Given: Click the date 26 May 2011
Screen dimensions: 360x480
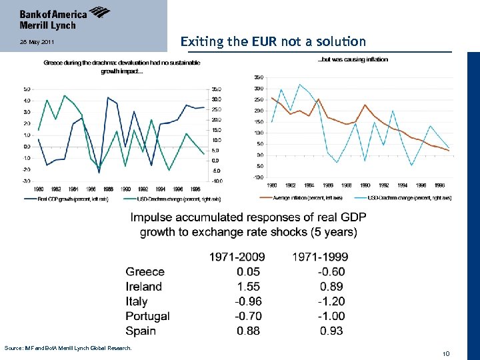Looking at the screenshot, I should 33,43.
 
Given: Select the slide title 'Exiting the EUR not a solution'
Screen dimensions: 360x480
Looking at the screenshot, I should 273,41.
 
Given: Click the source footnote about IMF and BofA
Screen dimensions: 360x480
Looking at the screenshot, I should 68,348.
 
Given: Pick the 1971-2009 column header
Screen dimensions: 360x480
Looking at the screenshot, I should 237,257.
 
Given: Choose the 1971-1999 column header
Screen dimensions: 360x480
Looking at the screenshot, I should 320,257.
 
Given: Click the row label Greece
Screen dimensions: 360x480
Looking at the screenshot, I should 145,271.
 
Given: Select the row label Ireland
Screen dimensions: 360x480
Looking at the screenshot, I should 144,287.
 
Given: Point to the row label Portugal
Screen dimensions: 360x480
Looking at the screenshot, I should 147,316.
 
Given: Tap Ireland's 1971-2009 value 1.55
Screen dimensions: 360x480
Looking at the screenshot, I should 248,287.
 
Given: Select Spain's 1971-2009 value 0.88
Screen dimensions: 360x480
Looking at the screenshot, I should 248,331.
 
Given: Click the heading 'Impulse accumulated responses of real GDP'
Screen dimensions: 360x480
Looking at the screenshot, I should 248,217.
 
